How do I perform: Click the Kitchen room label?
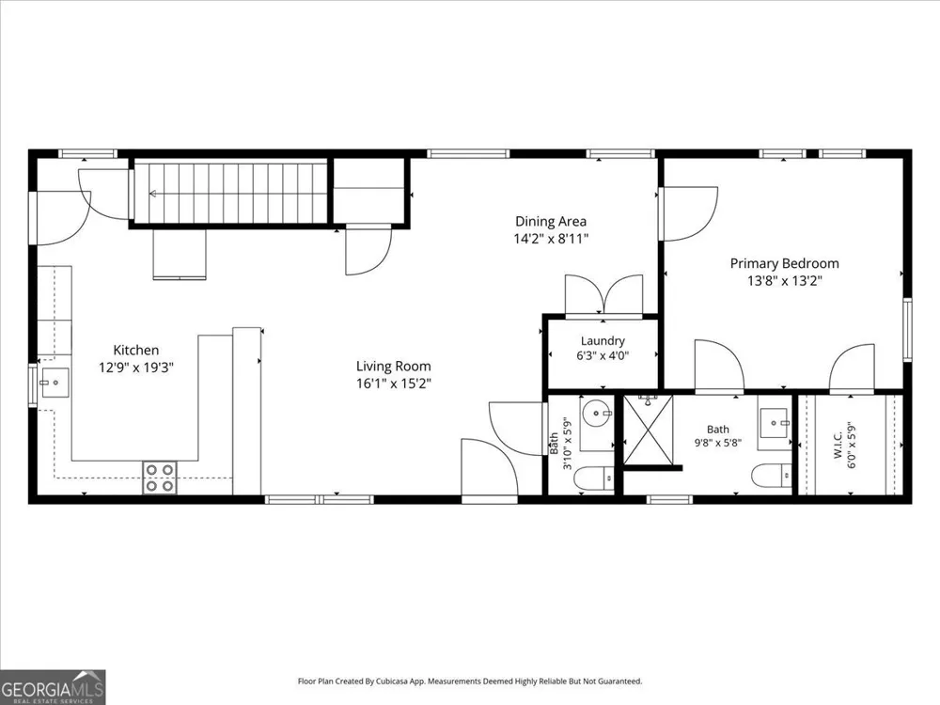(136, 350)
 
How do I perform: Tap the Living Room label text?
(393, 367)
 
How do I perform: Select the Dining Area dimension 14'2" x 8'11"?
(551, 239)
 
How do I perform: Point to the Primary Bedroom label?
(784, 263)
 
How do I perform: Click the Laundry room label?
(603, 341)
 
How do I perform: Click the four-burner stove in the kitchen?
(160, 478)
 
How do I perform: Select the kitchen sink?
(55, 384)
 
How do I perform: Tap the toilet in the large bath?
(772, 476)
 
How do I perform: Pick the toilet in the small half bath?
(594, 479)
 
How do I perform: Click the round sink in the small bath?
(597, 413)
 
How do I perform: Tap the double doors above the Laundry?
(603, 294)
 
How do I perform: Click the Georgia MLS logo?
(53, 687)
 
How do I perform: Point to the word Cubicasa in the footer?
(393, 681)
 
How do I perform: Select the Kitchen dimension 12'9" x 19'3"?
(136, 368)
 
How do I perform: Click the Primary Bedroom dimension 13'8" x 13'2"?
(784, 280)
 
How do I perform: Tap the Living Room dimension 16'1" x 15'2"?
(393, 384)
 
